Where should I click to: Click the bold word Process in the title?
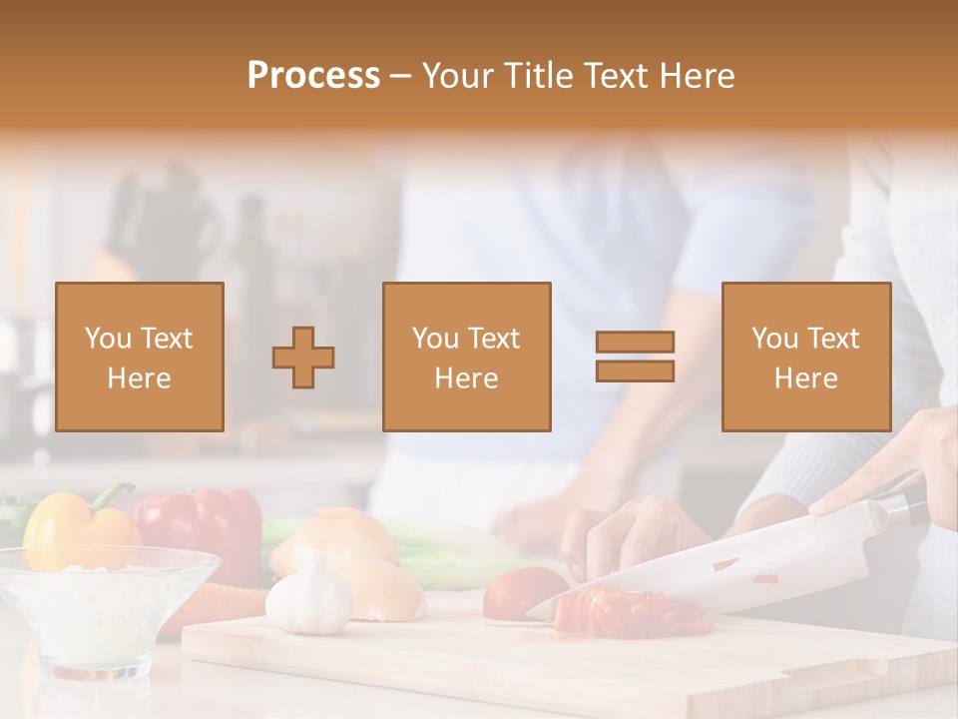click(x=313, y=76)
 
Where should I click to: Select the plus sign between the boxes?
click(x=303, y=358)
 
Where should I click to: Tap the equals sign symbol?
click(x=635, y=357)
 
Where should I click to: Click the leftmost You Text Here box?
click(x=139, y=357)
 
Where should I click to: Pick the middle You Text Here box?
click(x=466, y=357)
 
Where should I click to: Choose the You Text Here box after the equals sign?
click(x=805, y=357)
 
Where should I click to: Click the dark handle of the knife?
click(x=903, y=505)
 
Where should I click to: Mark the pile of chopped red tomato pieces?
click(x=629, y=611)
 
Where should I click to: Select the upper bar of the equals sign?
click(x=635, y=343)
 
